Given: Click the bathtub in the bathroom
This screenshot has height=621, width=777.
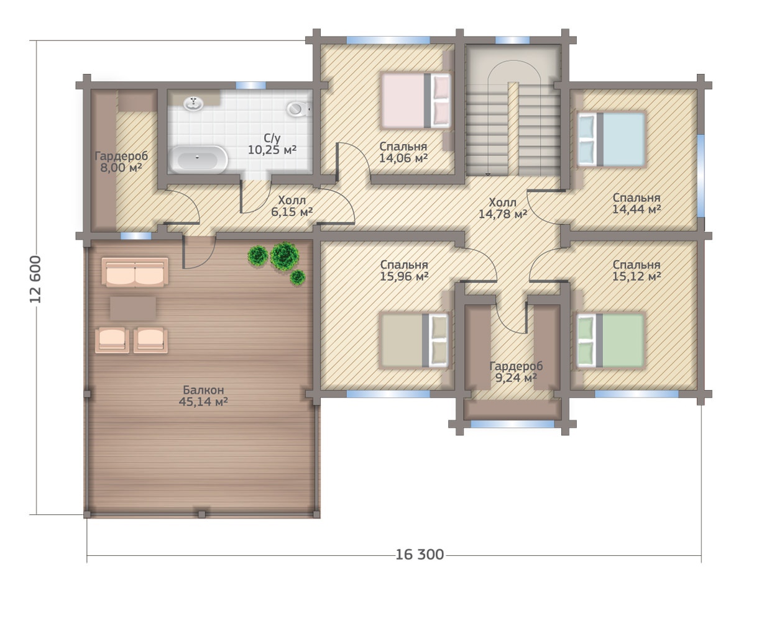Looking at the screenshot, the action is [x=198, y=159].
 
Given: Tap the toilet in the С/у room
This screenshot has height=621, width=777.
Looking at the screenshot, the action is [x=299, y=109].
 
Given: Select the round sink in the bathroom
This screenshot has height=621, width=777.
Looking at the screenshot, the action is [x=193, y=103].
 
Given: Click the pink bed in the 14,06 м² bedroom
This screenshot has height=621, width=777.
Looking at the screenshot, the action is [x=416, y=101].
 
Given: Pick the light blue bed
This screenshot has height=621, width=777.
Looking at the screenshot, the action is [x=611, y=139].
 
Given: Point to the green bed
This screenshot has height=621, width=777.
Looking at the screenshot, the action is [x=611, y=340].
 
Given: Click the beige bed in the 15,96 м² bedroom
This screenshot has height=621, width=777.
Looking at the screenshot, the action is [x=415, y=340].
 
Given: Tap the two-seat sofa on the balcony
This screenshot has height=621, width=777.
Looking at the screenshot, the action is [x=135, y=272].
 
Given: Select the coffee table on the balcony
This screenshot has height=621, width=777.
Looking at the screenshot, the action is [x=133, y=309].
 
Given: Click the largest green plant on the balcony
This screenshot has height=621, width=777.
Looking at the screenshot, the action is [x=285, y=256].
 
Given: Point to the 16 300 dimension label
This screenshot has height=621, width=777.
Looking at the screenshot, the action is [x=420, y=555].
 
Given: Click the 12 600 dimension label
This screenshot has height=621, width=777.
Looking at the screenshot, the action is [x=36, y=279].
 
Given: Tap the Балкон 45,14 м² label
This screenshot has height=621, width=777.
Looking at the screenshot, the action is [x=203, y=396].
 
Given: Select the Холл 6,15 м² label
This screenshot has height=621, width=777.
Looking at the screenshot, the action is [x=292, y=206].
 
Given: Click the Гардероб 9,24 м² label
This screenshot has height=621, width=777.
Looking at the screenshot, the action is [x=516, y=371].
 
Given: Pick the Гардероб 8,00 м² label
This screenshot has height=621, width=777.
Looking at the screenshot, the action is [x=121, y=161].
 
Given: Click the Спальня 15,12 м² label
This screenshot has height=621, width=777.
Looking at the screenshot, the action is [x=637, y=270].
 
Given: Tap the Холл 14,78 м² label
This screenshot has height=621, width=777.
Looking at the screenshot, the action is [x=503, y=208].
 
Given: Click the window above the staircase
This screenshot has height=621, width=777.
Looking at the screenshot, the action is [x=512, y=40].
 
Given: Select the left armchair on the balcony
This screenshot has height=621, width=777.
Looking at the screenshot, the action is [x=113, y=340].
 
